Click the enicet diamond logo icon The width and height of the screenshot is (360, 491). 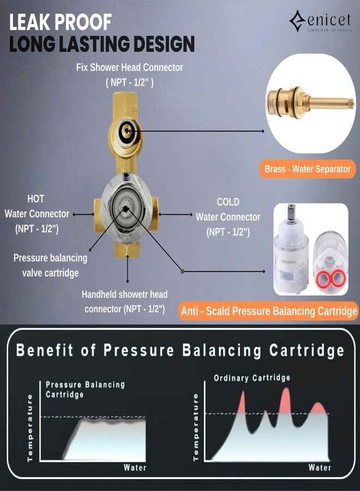tap(297, 21)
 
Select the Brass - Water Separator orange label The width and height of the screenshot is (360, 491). tap(308, 169)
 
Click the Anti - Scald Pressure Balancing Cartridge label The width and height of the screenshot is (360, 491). tap(268, 311)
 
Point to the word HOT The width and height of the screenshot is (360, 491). tap(35, 199)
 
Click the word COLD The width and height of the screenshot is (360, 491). tap(228, 202)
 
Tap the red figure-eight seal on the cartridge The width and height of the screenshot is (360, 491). tap(331, 278)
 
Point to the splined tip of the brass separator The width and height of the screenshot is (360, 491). tap(351, 103)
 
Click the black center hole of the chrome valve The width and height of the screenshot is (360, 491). tap(125, 209)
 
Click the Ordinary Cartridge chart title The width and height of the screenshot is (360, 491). tap(252, 378)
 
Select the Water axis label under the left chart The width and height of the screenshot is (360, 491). tap(135, 468)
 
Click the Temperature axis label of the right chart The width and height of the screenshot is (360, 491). tap(196, 427)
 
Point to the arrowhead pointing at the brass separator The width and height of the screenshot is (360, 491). tap(263, 131)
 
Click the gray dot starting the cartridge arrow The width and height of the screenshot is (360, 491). tap(182, 271)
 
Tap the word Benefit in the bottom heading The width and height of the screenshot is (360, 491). tap(44, 350)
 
